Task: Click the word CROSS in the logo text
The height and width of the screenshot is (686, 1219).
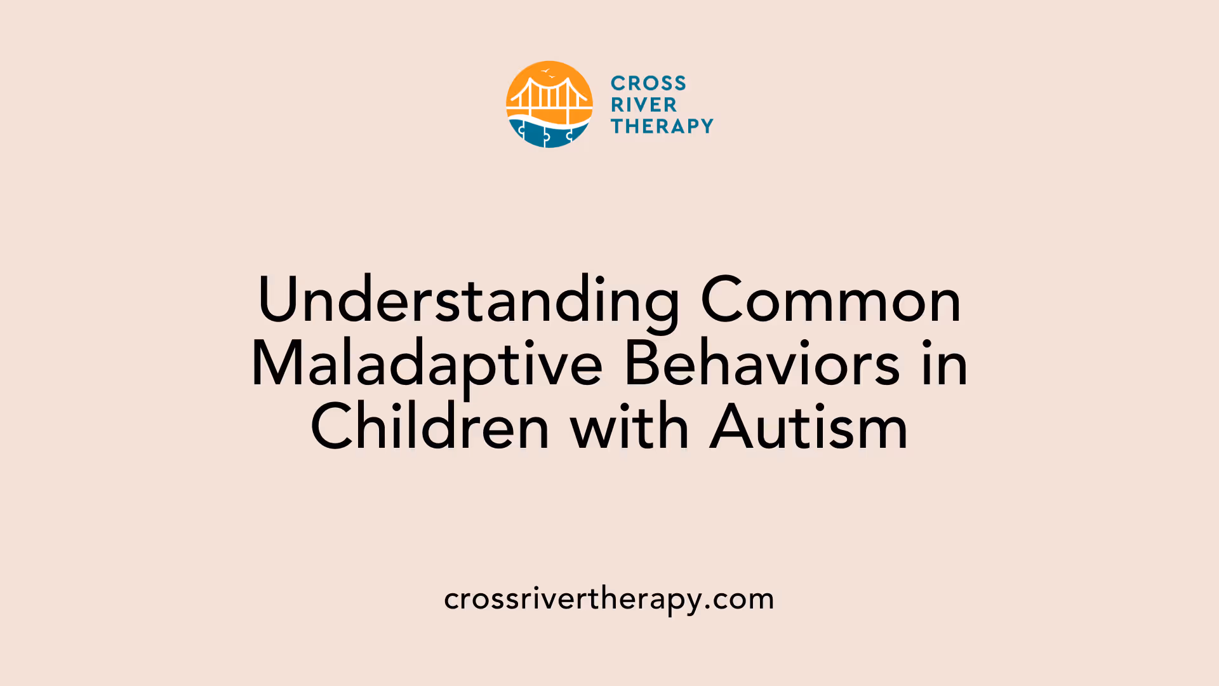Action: (x=648, y=83)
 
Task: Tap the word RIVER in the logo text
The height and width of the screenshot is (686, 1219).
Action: (x=644, y=105)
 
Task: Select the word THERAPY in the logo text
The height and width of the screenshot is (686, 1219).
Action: (x=662, y=126)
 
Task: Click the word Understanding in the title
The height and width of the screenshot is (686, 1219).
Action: (x=469, y=300)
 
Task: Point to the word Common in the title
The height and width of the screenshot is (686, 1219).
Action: (x=830, y=300)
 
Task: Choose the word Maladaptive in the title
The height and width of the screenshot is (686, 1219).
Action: (x=427, y=365)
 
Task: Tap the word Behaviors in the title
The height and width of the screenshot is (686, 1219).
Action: (x=762, y=365)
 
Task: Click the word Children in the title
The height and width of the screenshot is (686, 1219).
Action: (x=430, y=428)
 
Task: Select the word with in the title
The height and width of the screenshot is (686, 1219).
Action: (x=629, y=428)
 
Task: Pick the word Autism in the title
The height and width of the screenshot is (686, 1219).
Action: (x=809, y=428)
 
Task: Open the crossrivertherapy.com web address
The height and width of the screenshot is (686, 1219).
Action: (x=609, y=599)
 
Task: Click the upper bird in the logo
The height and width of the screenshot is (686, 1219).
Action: (x=545, y=71)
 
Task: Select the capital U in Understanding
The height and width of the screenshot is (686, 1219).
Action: (x=278, y=300)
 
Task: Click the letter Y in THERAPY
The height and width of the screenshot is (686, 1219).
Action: (x=705, y=126)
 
